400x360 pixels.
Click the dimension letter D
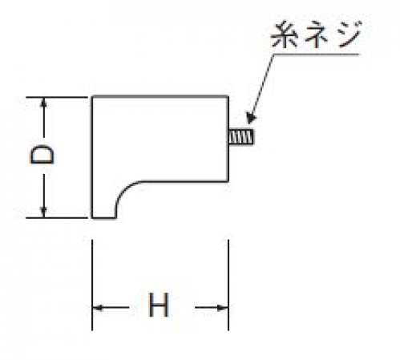pyautogui.click(x=42, y=154)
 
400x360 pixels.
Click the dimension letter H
pyautogui.click(x=159, y=305)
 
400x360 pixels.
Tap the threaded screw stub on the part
pyautogui.click(x=241, y=137)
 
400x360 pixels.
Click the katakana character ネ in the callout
pyautogui.click(x=317, y=35)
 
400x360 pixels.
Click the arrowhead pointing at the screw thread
pyautogui.click(x=251, y=119)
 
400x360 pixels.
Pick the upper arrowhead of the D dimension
pyautogui.click(x=43, y=103)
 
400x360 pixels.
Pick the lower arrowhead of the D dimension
pyautogui.click(x=43, y=212)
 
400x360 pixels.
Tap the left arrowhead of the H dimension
pyautogui.click(x=98, y=308)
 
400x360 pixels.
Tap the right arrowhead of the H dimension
pyautogui.click(x=223, y=308)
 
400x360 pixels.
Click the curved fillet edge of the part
pyautogui.click(x=124, y=190)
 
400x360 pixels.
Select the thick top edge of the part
pyautogui.click(x=160, y=96)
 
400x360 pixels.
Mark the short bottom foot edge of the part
pyautogui.click(x=104, y=218)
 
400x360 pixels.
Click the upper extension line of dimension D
pyautogui.click(x=57, y=98)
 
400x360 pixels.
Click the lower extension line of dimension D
pyautogui.click(x=57, y=218)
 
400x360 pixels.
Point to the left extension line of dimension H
pyautogui.click(x=92, y=285)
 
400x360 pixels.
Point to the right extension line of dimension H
pyautogui.click(x=228, y=285)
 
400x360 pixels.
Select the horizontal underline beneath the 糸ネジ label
pyautogui.click(x=316, y=55)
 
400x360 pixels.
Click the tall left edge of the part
pyautogui.click(x=92, y=157)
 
